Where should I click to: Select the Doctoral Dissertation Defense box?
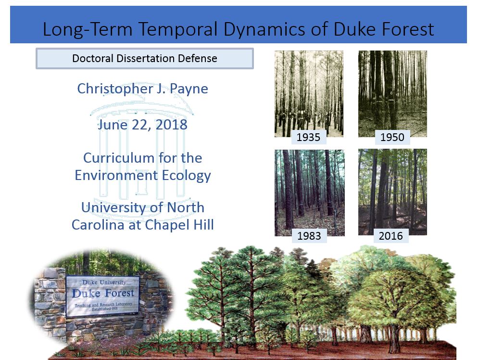144,58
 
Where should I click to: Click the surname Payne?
189,89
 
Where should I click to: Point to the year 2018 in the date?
171,125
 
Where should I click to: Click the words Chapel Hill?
179,225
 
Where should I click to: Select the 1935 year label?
308,137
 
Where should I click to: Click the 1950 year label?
392,137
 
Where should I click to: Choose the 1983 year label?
309,236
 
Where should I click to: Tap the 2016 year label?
391,236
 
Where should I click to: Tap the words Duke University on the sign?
104,283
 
